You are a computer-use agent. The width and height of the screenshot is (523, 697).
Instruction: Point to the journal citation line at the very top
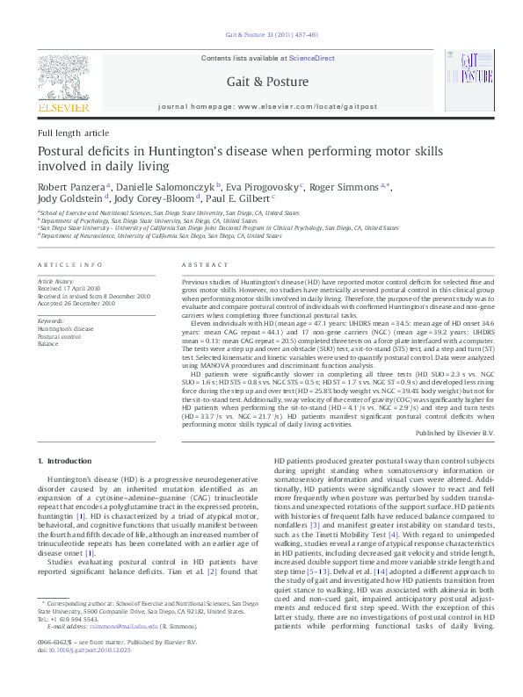[268, 36]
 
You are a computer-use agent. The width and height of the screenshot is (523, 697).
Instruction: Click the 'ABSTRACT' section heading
[204, 264]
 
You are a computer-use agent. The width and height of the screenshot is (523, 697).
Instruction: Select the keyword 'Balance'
[49, 343]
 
